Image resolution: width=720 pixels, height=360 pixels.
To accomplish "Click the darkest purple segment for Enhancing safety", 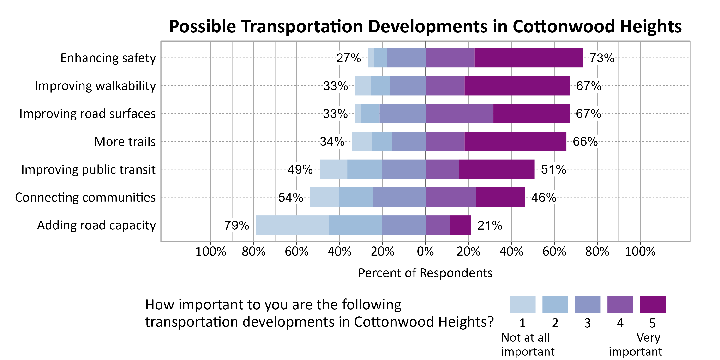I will (528, 58).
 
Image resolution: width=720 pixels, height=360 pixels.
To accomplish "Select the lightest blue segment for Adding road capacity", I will (292, 225).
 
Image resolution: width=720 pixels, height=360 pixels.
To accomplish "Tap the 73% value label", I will (602, 58).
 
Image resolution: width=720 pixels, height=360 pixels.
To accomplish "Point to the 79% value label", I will (236, 225).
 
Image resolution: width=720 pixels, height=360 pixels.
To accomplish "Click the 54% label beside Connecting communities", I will (290, 198).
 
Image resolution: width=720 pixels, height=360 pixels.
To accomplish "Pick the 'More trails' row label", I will (125, 142).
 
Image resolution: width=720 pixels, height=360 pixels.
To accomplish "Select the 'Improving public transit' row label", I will (88, 170).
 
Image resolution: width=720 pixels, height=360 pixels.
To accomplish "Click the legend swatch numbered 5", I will (652, 305).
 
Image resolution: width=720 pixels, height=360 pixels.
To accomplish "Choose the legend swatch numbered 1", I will (522, 305).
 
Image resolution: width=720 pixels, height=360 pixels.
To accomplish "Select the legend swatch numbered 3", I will (588, 305).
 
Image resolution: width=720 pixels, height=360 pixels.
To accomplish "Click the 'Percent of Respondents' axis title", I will (425, 273).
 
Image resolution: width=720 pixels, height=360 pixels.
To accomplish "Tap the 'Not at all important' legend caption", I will (528, 344).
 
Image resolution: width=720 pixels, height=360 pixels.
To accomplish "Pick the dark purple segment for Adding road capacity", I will (461, 225).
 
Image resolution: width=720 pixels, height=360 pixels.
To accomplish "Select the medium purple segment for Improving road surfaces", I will (459, 114).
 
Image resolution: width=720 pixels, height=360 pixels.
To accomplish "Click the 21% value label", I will (490, 225).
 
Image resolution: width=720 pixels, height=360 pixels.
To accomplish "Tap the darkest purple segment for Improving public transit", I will (497, 169).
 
